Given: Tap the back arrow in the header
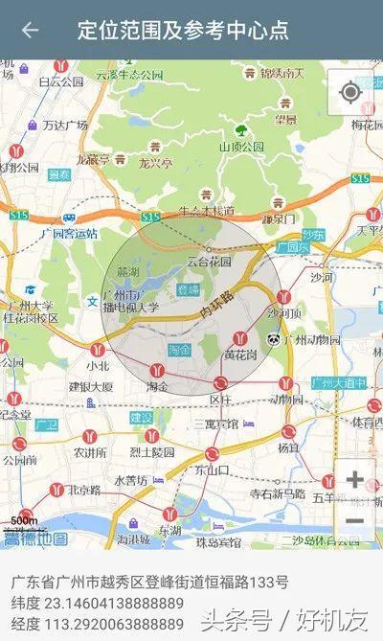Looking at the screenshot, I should [30, 30].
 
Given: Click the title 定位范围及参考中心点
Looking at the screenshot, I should [183, 30].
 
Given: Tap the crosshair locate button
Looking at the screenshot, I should [350, 92].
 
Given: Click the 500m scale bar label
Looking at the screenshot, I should [24, 521].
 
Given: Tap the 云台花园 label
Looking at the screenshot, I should [209, 261].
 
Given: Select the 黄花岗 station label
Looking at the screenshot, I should [241, 355].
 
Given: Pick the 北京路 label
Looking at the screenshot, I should [83, 490].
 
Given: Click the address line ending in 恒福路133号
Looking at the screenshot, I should [149, 582].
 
